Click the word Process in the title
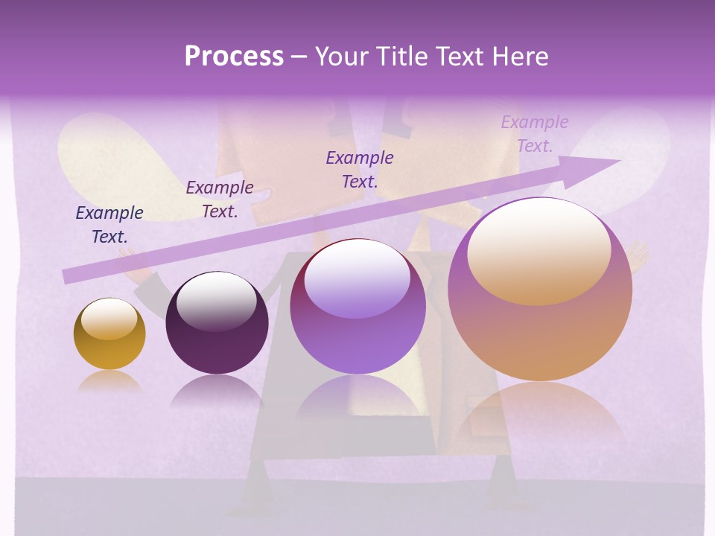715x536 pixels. pos(234,57)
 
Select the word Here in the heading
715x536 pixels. pos(519,57)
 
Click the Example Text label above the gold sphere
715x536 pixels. pos(109,225)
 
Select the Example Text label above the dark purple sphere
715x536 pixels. pos(220,200)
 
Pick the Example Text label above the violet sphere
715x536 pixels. pos(360,169)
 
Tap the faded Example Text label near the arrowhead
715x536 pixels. pos(535,133)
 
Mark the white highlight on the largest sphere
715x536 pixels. pos(538,251)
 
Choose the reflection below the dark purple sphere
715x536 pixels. pos(217,390)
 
